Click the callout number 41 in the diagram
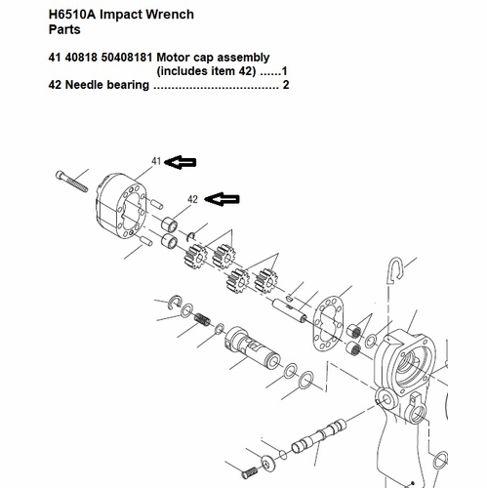[156, 161]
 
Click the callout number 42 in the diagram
[192, 199]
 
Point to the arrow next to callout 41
[181, 162]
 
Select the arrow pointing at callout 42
[222, 199]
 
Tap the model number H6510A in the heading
[72, 15]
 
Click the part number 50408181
[127, 58]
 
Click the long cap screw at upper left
[72, 182]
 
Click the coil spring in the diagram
[202, 319]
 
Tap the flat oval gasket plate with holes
[329, 323]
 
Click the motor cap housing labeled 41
[121, 206]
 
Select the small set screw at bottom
[250, 472]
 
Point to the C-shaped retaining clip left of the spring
[176, 302]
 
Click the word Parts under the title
[64, 29]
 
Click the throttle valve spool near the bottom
[318, 436]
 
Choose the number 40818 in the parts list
[81, 58]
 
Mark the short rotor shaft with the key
[290, 309]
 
